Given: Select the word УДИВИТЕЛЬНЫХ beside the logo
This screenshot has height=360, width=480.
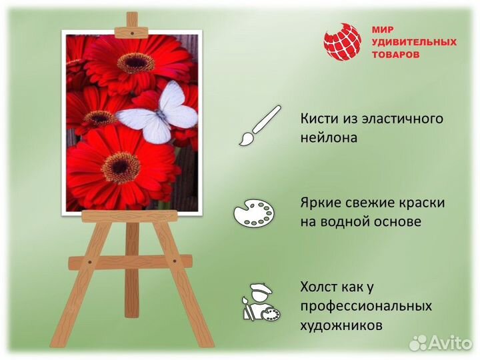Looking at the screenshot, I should point(413,42).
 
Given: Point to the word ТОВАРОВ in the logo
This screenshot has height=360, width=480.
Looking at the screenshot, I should point(395,55).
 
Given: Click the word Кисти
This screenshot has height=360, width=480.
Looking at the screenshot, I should point(318,119).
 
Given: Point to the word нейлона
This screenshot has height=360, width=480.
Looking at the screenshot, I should point(329,138).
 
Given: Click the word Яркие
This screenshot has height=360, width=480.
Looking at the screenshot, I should point(321,202).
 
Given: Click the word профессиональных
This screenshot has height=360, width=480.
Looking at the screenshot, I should point(366,307).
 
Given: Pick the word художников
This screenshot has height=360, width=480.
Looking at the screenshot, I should point(341,326).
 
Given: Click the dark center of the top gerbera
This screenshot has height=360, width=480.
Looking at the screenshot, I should point(136,63).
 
